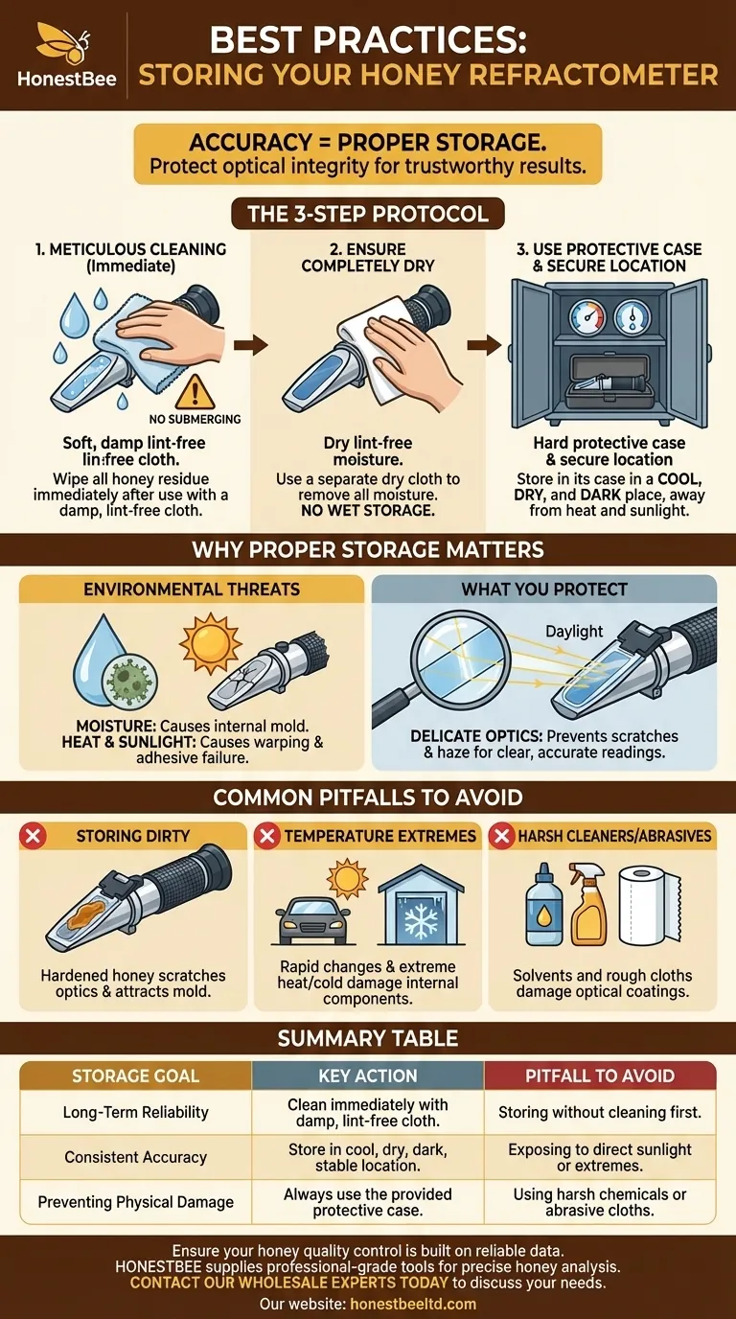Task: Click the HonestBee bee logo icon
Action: (x=62, y=43)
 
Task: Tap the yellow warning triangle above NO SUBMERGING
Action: (x=195, y=392)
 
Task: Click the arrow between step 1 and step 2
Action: (x=251, y=345)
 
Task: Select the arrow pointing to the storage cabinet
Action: (x=484, y=345)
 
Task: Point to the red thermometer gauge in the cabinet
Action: (x=587, y=316)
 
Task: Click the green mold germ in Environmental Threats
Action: (x=129, y=681)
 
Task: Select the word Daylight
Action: (x=574, y=632)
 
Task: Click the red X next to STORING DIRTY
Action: (x=33, y=836)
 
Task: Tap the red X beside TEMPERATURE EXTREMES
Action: (x=266, y=836)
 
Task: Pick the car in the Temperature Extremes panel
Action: (x=310, y=921)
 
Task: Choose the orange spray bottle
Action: (x=588, y=905)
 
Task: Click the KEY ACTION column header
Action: (x=368, y=1076)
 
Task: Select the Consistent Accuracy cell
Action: (x=136, y=1157)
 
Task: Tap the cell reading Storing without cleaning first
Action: (x=600, y=1112)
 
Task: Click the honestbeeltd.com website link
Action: (x=413, y=1305)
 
